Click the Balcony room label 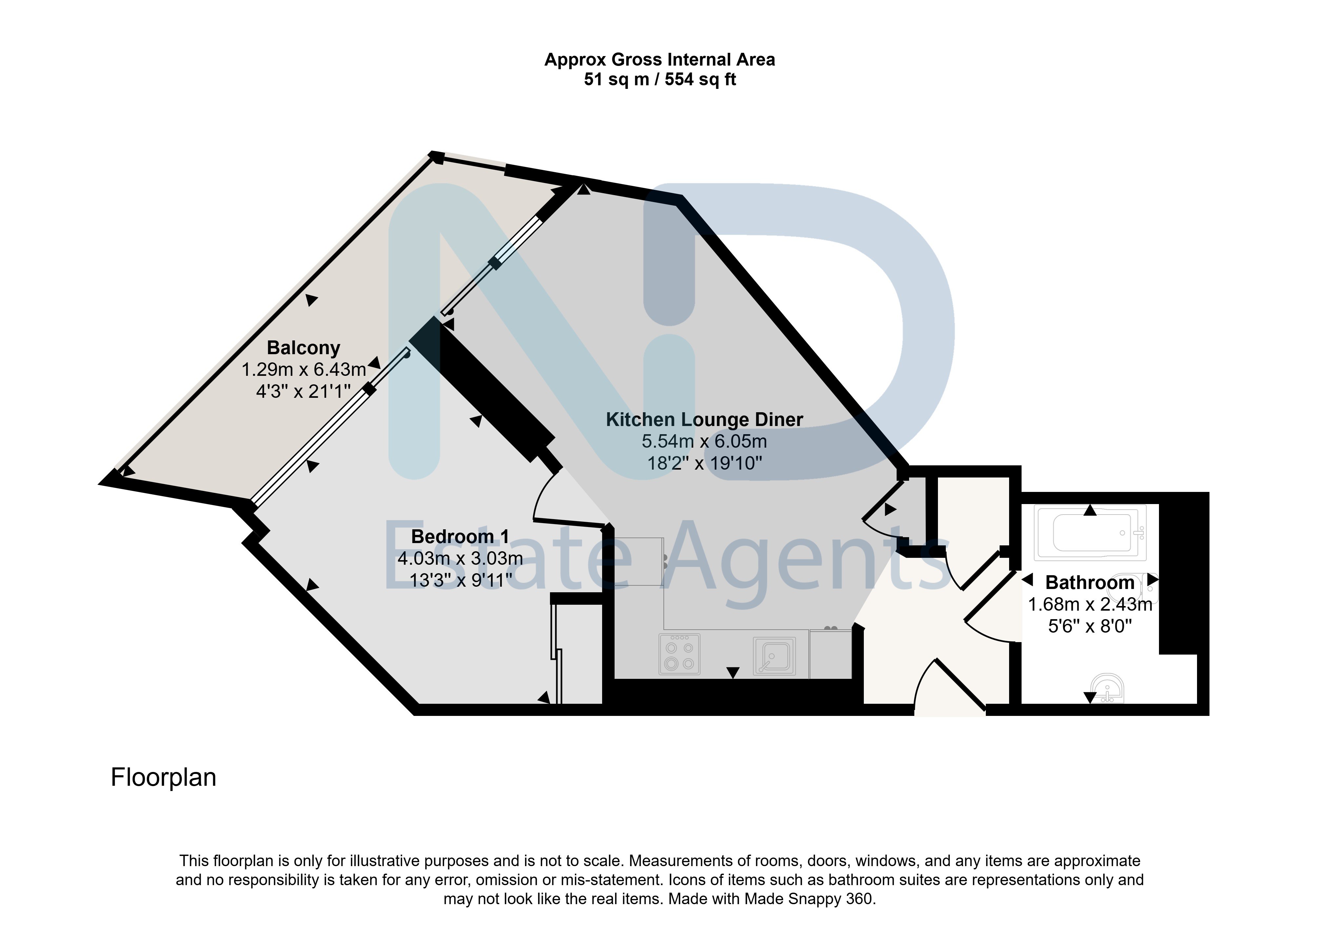tap(304, 348)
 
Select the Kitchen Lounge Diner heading tap(704, 420)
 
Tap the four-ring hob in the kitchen tap(680, 654)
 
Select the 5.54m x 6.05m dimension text tap(704, 441)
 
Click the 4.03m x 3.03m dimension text tap(460, 558)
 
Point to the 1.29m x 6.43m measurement tap(304, 370)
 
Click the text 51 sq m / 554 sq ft tap(660, 79)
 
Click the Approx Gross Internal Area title tap(660, 59)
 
